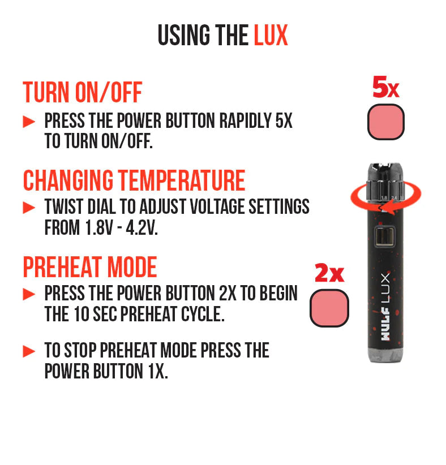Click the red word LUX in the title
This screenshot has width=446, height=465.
tap(271, 36)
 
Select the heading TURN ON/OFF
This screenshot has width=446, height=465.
tap(82, 92)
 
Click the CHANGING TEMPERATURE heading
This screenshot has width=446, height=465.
tap(134, 180)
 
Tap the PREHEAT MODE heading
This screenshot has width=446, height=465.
tap(89, 267)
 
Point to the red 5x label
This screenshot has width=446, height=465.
tap(385, 88)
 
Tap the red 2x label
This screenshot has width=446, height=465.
tap(329, 273)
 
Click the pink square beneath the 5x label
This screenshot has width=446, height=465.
tap(386, 122)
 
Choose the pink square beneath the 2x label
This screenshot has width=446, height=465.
tap(329, 308)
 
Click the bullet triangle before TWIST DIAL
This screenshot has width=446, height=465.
tap(29, 208)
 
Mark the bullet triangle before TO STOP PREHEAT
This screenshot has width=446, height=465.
tap(29, 352)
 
